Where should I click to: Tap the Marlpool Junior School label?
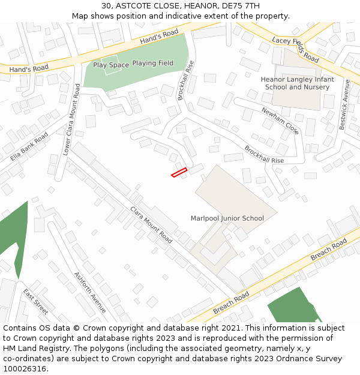[227, 218]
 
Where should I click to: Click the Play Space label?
[111, 65]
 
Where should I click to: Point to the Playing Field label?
[153, 63]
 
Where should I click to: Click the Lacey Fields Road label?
[295, 49]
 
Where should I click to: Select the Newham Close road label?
[280, 121]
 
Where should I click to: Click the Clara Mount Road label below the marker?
[151, 225]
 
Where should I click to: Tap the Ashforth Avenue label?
[90, 292]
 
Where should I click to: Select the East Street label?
[35, 302]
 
